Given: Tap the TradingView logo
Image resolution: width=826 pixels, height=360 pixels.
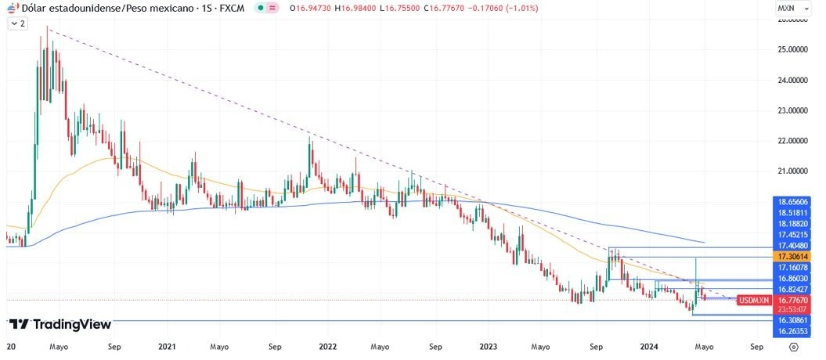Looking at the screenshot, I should [x=60, y=324].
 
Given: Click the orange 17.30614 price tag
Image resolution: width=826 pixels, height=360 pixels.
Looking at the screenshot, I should [x=792, y=256].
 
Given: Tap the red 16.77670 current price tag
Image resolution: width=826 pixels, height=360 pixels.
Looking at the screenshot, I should [x=792, y=300].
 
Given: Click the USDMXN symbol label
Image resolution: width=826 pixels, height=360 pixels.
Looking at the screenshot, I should [x=754, y=300].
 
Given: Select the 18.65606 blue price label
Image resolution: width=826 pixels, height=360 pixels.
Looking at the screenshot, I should [x=792, y=201].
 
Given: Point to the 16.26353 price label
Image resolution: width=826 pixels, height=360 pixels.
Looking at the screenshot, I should [x=792, y=331].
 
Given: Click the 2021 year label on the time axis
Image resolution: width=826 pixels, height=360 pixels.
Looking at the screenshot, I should [x=166, y=345].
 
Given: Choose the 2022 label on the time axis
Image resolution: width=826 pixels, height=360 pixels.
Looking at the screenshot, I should [x=327, y=345].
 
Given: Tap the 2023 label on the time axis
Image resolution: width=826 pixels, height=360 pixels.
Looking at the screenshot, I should [x=488, y=345].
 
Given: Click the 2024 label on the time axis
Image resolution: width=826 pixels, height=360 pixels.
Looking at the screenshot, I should [x=649, y=345].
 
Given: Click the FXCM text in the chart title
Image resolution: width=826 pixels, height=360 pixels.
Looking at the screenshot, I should [x=232, y=8].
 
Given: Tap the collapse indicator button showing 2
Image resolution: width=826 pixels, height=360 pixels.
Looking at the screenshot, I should [x=18, y=23].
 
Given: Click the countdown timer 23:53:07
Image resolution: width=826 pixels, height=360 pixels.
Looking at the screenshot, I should [x=792, y=309].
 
